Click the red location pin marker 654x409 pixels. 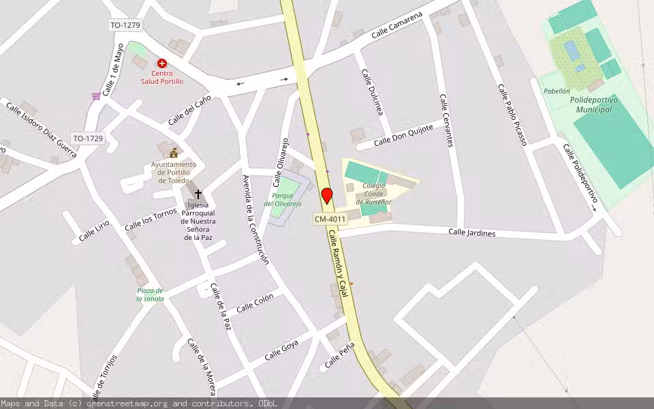pyautogui.click(x=327, y=196)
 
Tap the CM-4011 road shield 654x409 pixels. pyautogui.click(x=330, y=219)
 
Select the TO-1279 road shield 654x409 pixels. pyautogui.click(x=125, y=26)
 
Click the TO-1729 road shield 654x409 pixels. pyautogui.click(x=89, y=138)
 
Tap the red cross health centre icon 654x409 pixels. pyautogui.click(x=162, y=63)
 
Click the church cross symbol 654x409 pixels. pyautogui.click(x=198, y=194)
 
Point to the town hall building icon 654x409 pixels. pyautogui.click(x=173, y=153)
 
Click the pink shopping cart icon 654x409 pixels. pyautogui.click(x=96, y=96)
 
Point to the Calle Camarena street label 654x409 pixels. pyautogui.click(x=397, y=25)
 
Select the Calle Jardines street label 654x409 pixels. pyautogui.click(x=471, y=233)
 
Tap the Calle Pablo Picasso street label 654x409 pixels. pyautogui.click(x=512, y=115)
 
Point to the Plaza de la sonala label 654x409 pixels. pyautogui.click(x=150, y=294)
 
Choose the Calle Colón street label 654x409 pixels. pyautogui.click(x=255, y=303)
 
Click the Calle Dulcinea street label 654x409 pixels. pyautogui.click(x=372, y=92)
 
